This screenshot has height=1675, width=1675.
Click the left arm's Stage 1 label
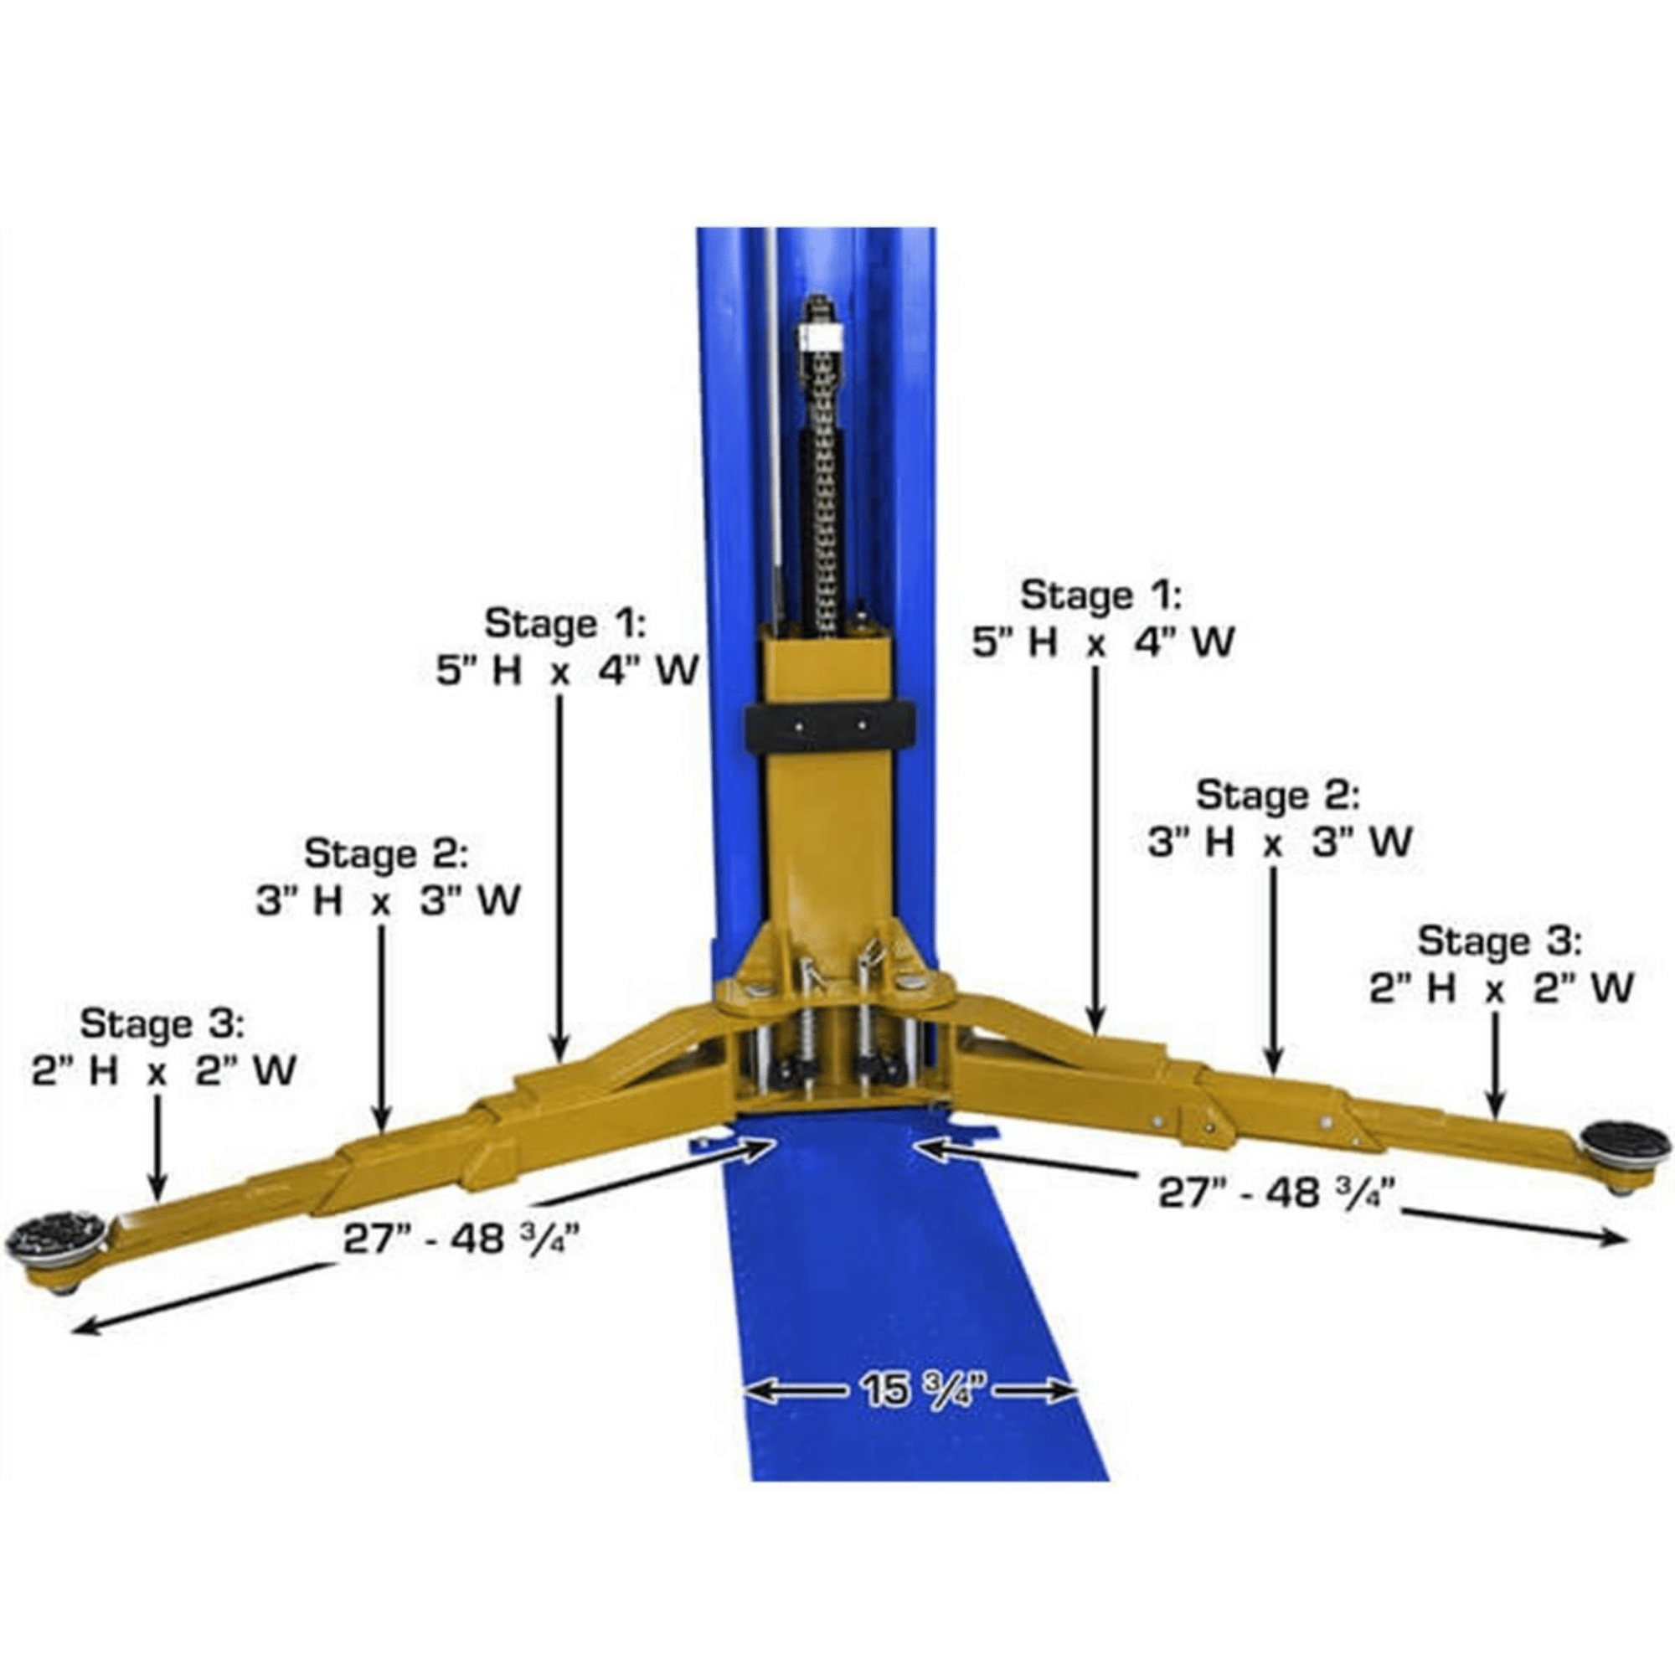point(564,624)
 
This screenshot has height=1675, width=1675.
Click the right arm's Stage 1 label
point(1100,595)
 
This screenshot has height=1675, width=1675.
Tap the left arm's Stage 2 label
point(386,854)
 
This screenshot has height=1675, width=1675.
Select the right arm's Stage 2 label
point(1279,796)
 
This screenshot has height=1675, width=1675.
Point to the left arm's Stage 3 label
point(163,1024)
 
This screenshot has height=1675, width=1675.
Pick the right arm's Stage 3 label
point(1500,941)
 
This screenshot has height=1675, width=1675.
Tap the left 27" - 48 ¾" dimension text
point(461,1239)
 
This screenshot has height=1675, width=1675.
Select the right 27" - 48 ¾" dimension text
point(1277,1193)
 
